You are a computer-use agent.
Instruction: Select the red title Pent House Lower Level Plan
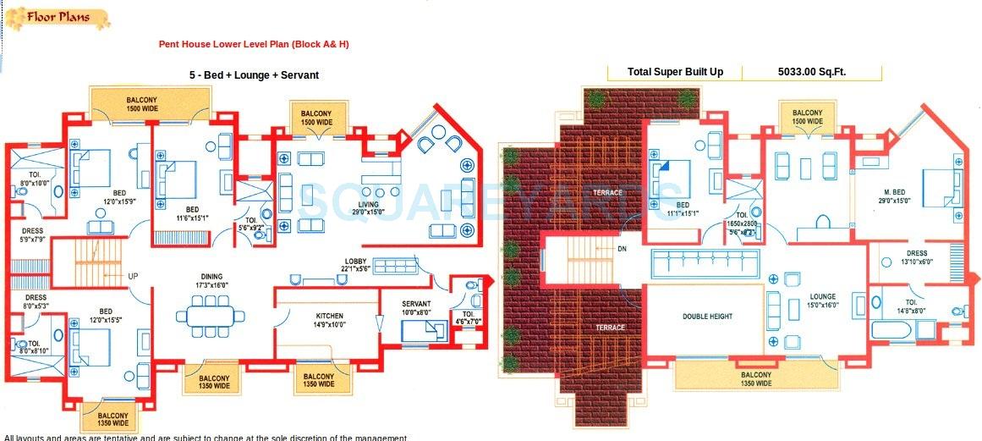(254, 44)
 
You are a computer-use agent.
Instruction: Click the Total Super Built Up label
(675, 73)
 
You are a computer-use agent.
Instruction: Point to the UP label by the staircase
(133, 277)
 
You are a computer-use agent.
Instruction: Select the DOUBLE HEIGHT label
(707, 317)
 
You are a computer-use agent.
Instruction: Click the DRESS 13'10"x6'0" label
(916, 257)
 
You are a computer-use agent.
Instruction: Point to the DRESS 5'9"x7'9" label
(33, 234)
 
